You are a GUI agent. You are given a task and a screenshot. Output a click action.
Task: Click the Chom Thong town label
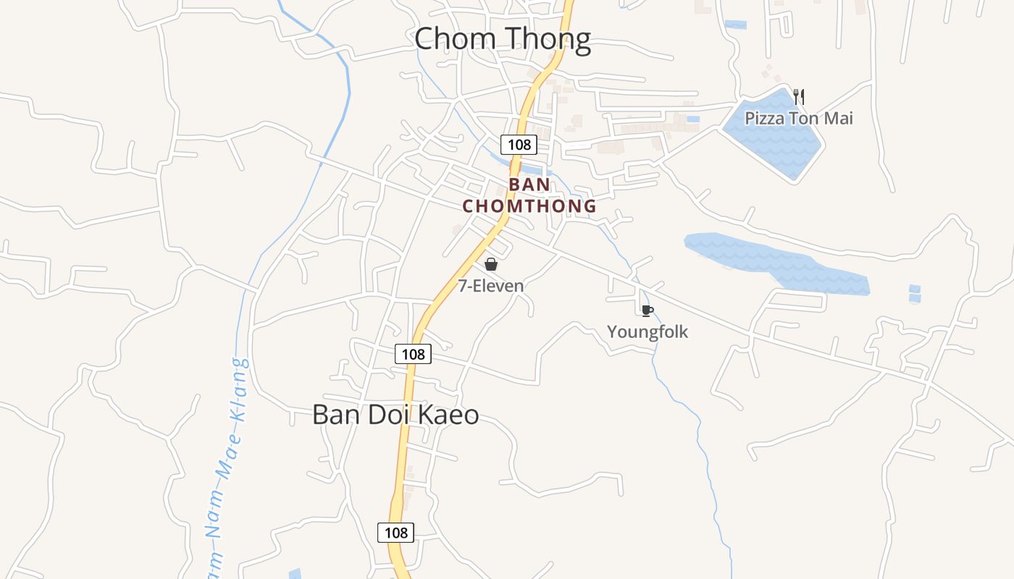coord(503,38)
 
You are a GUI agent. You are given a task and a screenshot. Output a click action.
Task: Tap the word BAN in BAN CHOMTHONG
coord(529,185)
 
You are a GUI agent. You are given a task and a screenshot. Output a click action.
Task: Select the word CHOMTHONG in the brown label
coord(529,206)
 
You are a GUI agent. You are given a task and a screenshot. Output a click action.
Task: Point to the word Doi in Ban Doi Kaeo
coord(390,415)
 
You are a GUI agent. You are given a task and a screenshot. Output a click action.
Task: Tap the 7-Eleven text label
coord(490,286)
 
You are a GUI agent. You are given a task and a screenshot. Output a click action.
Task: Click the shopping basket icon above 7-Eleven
coord(491,264)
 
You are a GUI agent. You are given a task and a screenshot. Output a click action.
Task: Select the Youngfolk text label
coord(647,332)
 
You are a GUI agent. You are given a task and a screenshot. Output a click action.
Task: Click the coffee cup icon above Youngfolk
coord(647,311)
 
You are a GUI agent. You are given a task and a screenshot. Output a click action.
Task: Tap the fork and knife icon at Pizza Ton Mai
coord(799,96)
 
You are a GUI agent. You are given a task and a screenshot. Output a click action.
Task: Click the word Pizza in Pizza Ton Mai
coord(765,118)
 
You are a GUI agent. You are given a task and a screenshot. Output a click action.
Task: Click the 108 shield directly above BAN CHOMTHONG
coord(519,144)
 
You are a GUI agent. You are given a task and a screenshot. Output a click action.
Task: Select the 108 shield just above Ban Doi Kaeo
coord(413,354)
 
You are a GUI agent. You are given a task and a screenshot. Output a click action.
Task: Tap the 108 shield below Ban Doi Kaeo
coord(395,533)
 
